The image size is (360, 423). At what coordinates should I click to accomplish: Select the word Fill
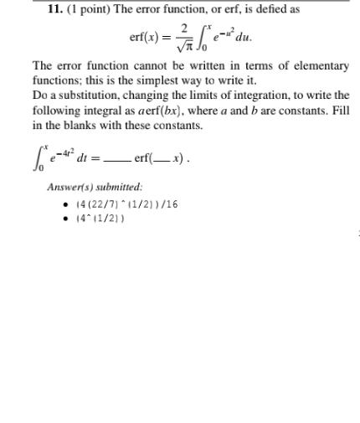tap(339, 111)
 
